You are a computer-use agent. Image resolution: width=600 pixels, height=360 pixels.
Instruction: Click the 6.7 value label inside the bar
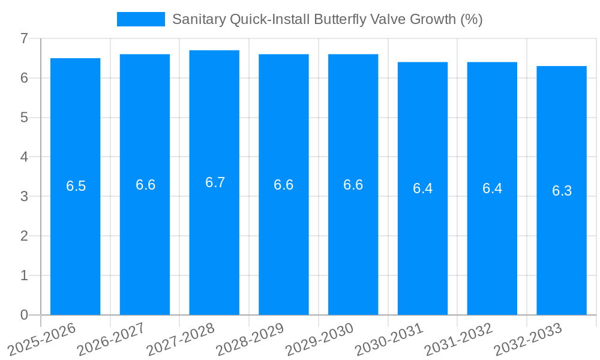215,183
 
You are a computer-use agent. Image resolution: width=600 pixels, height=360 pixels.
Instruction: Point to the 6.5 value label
76,186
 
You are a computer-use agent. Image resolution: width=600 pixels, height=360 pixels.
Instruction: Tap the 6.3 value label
562,191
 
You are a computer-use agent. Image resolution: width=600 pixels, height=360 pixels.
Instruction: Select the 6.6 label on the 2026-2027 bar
145,185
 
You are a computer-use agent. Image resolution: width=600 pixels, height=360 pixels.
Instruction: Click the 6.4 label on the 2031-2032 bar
492,188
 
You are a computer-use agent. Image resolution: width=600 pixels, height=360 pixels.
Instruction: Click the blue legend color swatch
140,19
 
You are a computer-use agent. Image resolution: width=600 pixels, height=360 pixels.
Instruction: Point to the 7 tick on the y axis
24,39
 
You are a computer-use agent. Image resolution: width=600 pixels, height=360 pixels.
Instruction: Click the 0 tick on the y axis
24,315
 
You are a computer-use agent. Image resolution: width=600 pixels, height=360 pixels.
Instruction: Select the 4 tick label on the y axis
24,157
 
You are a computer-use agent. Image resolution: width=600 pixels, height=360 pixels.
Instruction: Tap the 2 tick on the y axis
24,236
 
